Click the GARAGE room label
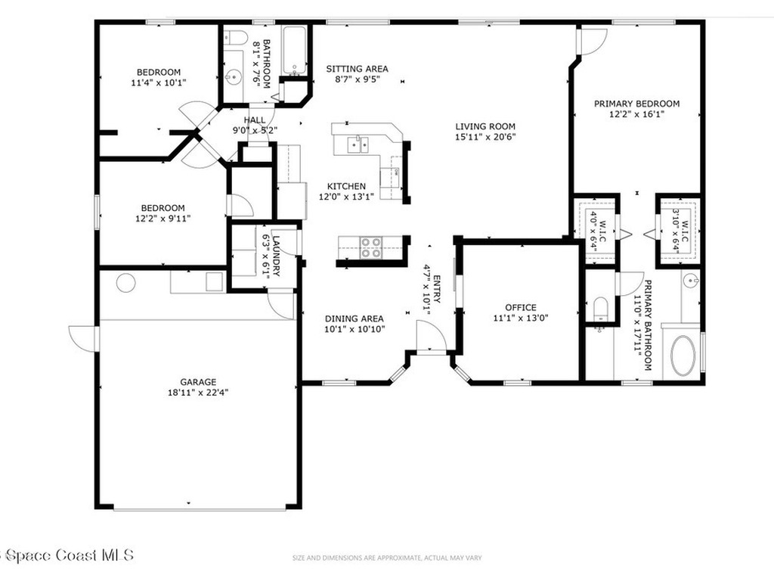[198, 382]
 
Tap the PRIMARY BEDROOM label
[636, 104]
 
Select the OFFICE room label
[520, 307]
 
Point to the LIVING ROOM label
[485, 126]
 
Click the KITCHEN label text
[346, 186]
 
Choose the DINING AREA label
[354, 318]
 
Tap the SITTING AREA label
[357, 69]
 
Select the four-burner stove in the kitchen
[370, 248]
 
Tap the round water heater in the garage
[125, 283]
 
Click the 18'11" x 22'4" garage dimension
[198, 393]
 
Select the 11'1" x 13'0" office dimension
[520, 318]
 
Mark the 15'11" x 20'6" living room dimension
[485, 138]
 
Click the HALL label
[255, 120]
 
